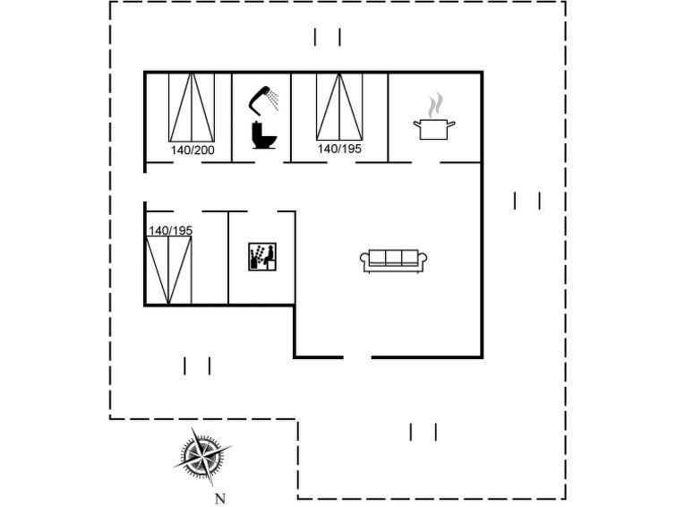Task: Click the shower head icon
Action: click(x=263, y=100)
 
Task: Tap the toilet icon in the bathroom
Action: click(x=264, y=135)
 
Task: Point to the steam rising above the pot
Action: click(x=435, y=105)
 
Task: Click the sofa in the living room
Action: click(x=394, y=261)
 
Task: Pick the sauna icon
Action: click(x=262, y=257)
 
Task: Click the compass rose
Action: click(x=202, y=456)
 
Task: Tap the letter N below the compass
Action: click(x=220, y=499)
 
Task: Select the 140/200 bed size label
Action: click(x=193, y=150)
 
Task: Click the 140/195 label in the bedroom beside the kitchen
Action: click(x=339, y=149)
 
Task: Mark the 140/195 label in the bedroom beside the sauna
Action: click(x=170, y=230)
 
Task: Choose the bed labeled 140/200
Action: click(x=192, y=107)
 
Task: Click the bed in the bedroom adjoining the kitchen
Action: click(x=339, y=107)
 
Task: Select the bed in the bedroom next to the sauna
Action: click(x=168, y=271)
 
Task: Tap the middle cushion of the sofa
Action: click(x=394, y=258)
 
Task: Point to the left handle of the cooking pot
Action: click(x=417, y=125)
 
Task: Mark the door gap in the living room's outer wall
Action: click(x=357, y=357)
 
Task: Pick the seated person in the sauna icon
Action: click(x=269, y=256)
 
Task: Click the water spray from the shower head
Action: click(x=272, y=100)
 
